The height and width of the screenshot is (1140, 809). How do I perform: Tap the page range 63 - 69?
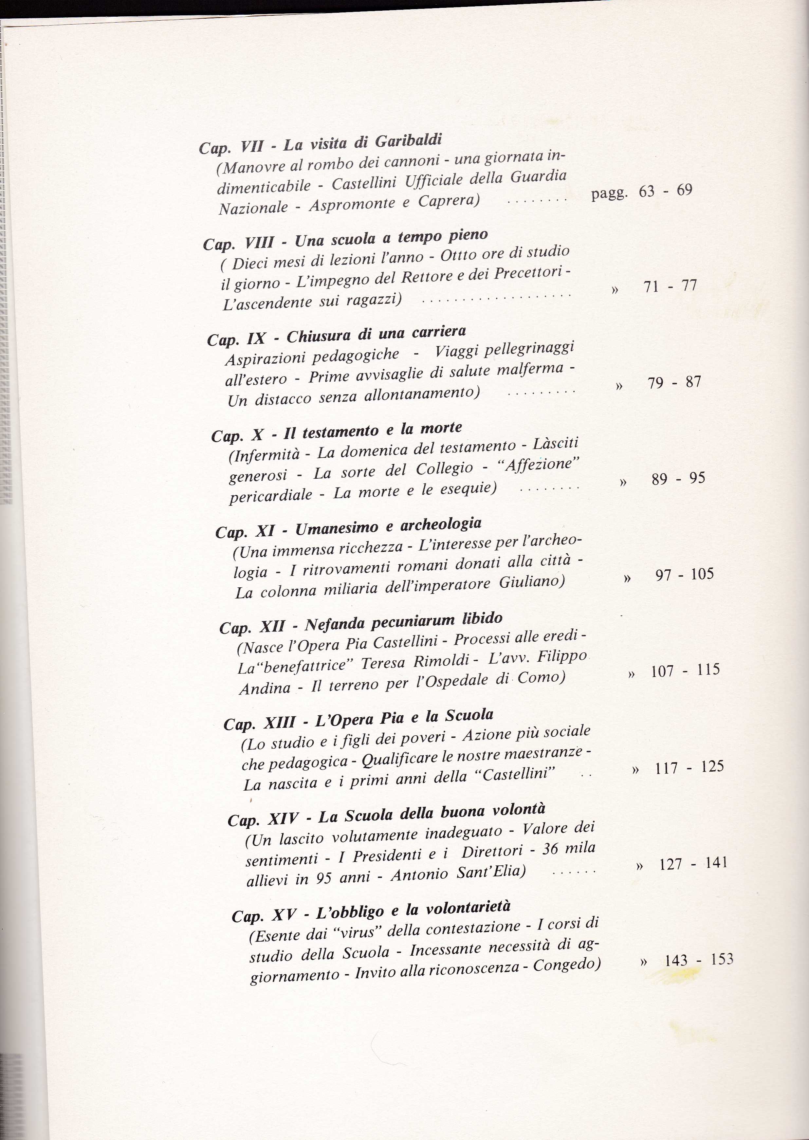coord(665,191)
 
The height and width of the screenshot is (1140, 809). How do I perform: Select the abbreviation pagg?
coord(608,193)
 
